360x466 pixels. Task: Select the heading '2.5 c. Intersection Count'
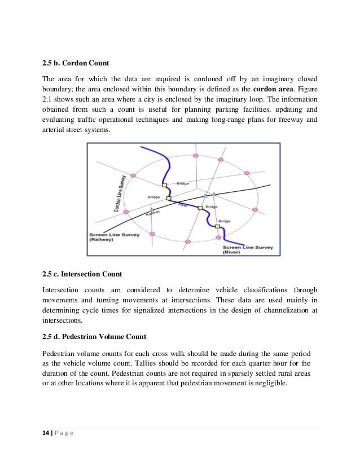pyautogui.click(x=82, y=274)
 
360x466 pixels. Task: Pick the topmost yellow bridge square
pyautogui.click(x=165, y=185)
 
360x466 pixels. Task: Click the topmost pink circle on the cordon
pyautogui.click(x=195, y=155)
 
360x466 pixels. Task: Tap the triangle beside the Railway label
pyautogui.click(x=151, y=209)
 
